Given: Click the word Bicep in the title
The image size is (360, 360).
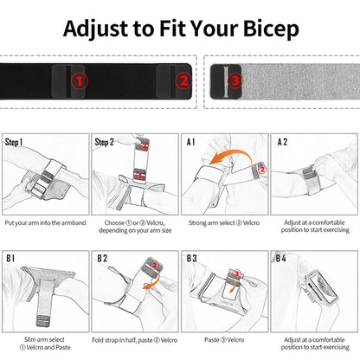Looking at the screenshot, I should [x=263, y=28].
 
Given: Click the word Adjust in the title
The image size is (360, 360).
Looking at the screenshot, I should [x=98, y=28].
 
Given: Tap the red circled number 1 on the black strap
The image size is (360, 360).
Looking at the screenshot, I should [x=79, y=81].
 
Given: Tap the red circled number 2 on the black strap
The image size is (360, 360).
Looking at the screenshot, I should [x=182, y=81].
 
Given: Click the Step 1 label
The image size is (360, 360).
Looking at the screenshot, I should [x=15, y=142].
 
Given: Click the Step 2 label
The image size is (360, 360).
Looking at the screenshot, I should [x=105, y=142].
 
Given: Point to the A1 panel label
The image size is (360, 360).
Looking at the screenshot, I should [x=190, y=142].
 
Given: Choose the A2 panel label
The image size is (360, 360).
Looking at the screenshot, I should [x=282, y=142].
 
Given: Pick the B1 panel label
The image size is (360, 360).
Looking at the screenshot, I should [x=11, y=259].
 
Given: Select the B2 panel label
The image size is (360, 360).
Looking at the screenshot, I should [x=102, y=259].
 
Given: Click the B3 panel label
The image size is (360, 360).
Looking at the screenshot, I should [x=191, y=259].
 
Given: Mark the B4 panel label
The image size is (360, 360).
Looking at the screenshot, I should [x=282, y=259].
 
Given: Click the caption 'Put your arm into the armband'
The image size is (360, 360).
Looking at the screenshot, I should [x=46, y=223].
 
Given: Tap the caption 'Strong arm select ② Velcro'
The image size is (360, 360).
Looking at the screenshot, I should [x=224, y=223].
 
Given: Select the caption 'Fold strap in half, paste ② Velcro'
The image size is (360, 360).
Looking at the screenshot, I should [x=134, y=340].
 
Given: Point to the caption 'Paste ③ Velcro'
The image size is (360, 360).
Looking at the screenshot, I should [x=224, y=340].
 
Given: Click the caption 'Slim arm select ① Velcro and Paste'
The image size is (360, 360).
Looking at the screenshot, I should [x=45, y=344].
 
